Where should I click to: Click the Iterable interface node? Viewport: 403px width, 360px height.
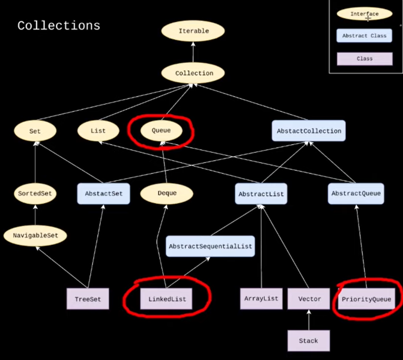pos(193,31)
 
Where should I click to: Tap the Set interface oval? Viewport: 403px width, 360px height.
pos(34,130)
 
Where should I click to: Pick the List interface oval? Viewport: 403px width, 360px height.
pos(98,130)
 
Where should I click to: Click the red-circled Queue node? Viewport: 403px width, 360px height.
pos(160,130)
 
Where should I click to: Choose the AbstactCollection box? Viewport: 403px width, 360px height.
pos(309,131)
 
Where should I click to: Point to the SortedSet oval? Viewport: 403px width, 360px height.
pos(34,194)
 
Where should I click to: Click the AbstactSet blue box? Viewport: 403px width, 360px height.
pos(103,194)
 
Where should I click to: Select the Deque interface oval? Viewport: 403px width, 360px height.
pos(166,194)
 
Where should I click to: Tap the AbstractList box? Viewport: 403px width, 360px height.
pos(261,194)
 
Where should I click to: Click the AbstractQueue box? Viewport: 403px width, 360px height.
pos(357,194)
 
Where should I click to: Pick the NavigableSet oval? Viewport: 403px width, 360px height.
pos(35,236)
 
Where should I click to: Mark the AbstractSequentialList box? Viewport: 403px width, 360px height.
pos(210,246)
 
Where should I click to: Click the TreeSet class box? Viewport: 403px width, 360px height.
pos(88,299)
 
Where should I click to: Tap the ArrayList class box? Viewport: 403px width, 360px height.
pos(261,299)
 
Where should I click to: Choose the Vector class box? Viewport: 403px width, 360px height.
pos(309,299)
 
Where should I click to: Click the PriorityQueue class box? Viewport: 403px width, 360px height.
pos(365,299)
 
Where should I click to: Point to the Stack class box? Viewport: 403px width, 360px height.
pos(309,341)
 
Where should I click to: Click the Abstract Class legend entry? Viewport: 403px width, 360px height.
pos(364,36)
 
